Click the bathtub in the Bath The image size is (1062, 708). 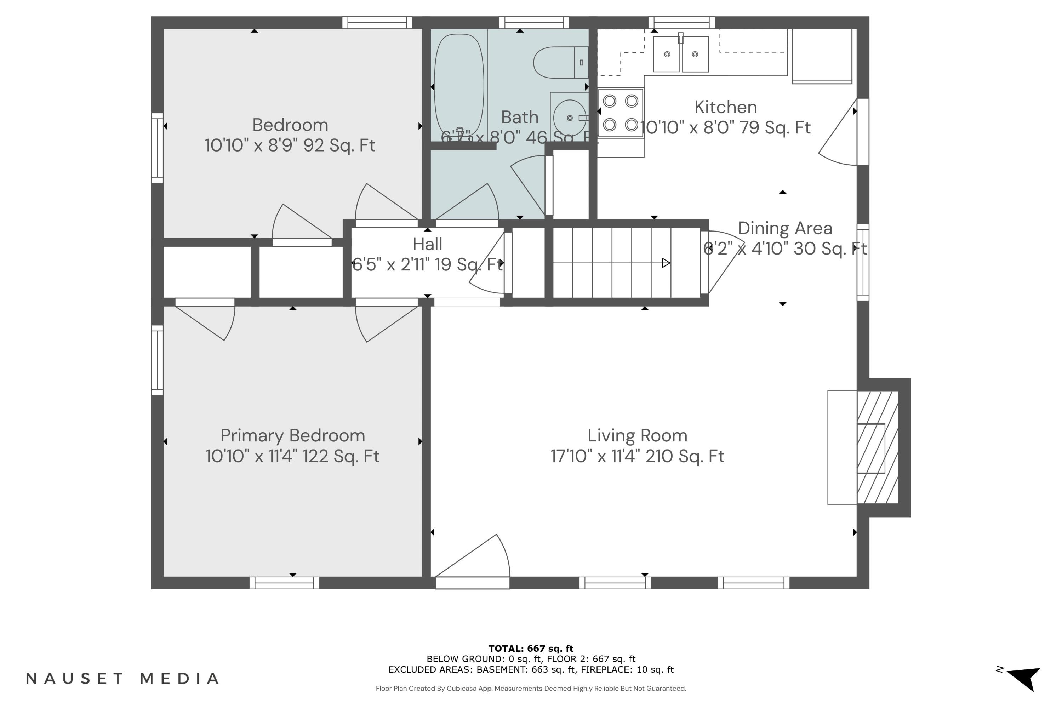click(x=458, y=85)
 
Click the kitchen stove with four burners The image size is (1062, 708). click(x=621, y=113)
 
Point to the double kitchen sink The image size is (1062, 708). click(x=681, y=54)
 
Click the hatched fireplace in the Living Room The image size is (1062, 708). click(x=877, y=447)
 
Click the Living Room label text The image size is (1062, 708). click(x=637, y=436)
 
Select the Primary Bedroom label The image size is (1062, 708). click(x=293, y=436)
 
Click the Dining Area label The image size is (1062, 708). click(x=785, y=228)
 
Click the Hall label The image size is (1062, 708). click(x=427, y=244)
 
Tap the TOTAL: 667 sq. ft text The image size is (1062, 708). click(x=531, y=649)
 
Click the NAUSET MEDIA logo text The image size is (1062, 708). click(x=122, y=678)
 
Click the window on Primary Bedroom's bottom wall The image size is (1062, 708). click(x=285, y=583)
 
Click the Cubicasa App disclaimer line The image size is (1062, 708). click(x=531, y=688)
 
